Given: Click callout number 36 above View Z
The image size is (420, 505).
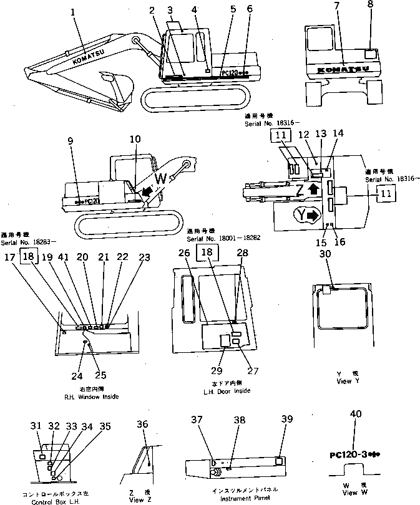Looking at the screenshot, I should tap(144, 425).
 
